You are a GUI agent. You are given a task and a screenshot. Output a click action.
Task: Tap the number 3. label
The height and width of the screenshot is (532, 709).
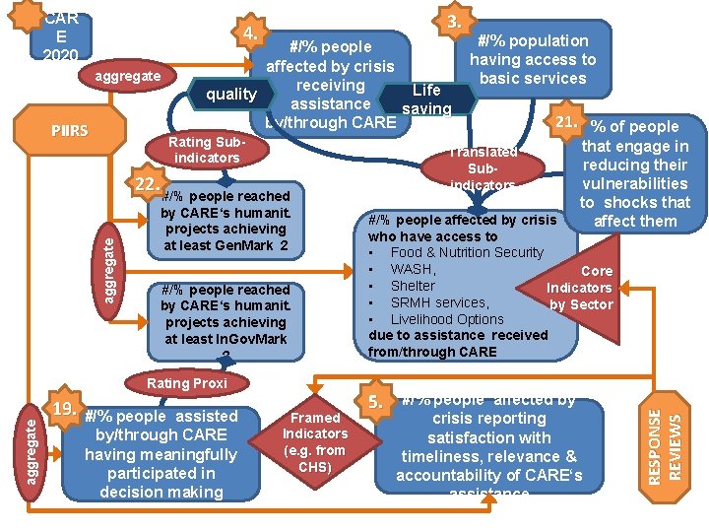point(455,21)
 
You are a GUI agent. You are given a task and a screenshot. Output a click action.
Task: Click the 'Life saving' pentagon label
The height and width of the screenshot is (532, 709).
point(426,99)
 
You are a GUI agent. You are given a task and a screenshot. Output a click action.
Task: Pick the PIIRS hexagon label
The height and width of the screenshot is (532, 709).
point(70,131)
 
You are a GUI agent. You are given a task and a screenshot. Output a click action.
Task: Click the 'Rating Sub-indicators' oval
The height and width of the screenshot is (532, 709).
point(206,150)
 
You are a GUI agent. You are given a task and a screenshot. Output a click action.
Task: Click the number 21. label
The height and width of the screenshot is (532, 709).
point(565,121)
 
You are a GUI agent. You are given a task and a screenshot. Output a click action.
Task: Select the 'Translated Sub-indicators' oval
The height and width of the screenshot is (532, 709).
point(483,166)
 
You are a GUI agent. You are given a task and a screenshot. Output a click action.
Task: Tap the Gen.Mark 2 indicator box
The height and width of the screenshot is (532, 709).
point(226,221)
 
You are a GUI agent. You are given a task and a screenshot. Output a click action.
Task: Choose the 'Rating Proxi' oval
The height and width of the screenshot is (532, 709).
point(186,382)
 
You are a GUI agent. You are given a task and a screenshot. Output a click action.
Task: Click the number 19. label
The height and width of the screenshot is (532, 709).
point(66,408)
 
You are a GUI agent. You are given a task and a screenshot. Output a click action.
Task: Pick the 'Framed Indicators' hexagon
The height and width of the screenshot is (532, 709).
point(315,433)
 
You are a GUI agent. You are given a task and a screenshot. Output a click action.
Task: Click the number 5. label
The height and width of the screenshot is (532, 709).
point(375,401)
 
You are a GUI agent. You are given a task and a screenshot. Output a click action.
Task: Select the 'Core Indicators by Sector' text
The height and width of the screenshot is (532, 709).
point(581,288)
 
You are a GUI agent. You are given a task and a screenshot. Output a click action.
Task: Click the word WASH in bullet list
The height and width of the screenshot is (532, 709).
point(413,269)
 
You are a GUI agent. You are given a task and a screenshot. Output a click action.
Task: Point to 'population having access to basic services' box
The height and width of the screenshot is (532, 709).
point(532,59)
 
